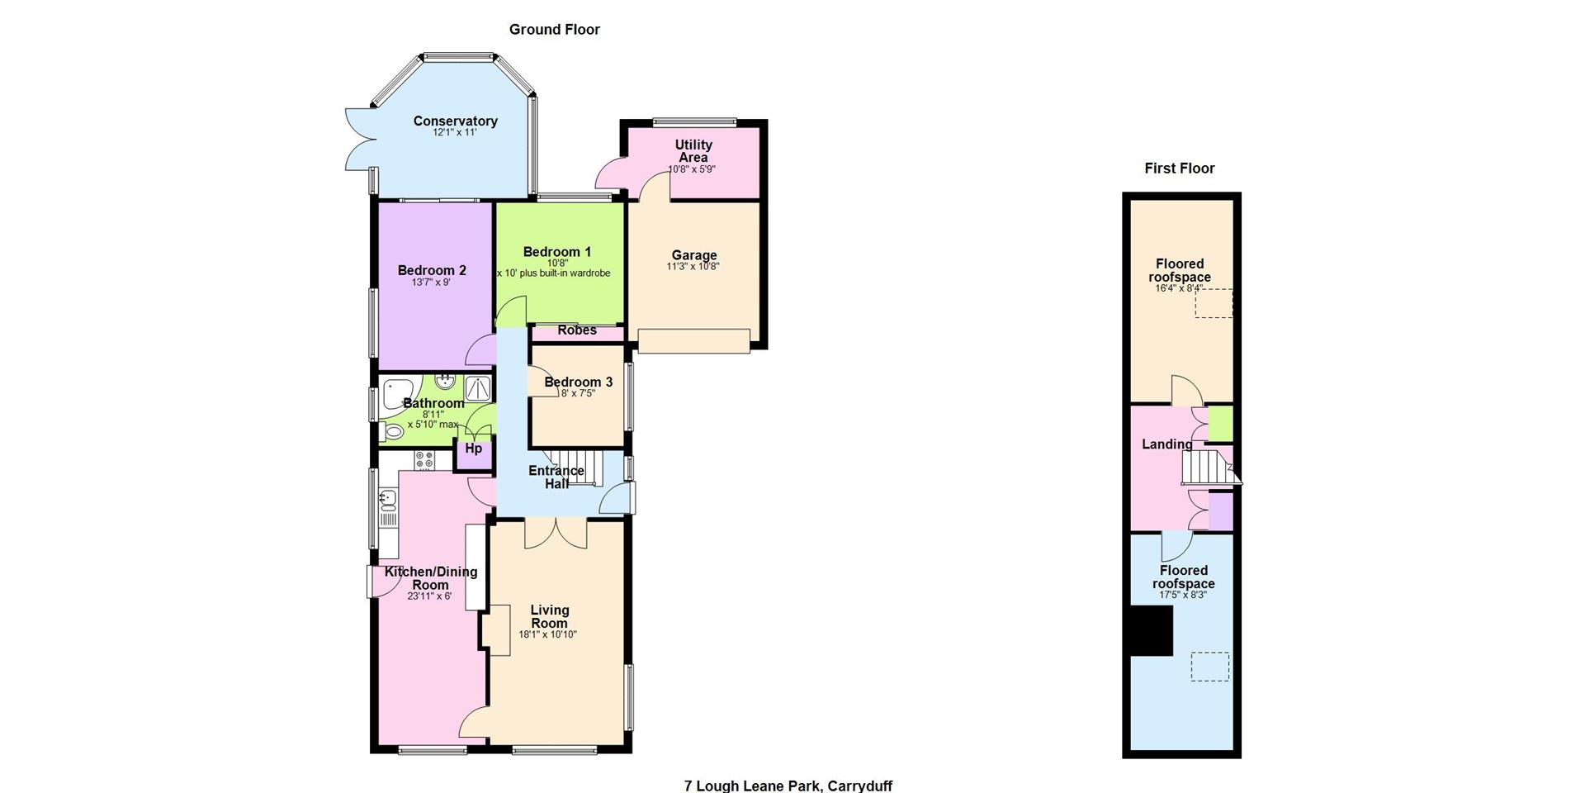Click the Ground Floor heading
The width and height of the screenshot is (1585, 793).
[554, 30]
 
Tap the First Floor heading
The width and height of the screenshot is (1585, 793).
[1179, 169]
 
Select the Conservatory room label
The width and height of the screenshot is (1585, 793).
[455, 121]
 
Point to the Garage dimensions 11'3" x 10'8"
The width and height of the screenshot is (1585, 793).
[693, 267]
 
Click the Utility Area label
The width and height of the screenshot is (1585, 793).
[693, 151]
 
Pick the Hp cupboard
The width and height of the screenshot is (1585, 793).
[474, 453]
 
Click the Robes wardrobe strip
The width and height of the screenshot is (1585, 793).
[577, 333]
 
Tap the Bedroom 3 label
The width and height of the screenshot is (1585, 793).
[578, 382]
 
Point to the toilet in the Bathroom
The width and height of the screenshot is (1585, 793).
[390, 430]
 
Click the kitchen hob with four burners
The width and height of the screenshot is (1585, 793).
[424, 460]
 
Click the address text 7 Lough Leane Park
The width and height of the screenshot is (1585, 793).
[754, 786]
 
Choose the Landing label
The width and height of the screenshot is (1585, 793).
[1166, 444]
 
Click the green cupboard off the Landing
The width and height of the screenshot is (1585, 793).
[1221, 424]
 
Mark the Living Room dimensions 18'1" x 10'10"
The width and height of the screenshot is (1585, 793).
[547, 635]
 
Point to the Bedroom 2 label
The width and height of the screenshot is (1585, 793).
[432, 271]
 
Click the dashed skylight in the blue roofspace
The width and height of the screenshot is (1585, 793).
[1209, 667]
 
